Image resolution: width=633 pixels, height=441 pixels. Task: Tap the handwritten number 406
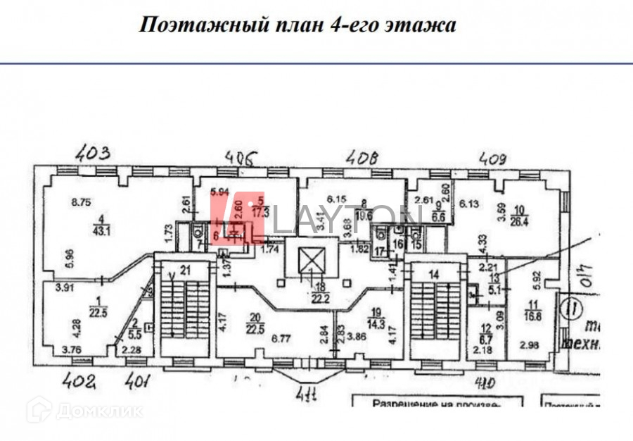(x=239, y=156)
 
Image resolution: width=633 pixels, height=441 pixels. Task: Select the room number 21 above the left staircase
(x=186, y=268)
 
